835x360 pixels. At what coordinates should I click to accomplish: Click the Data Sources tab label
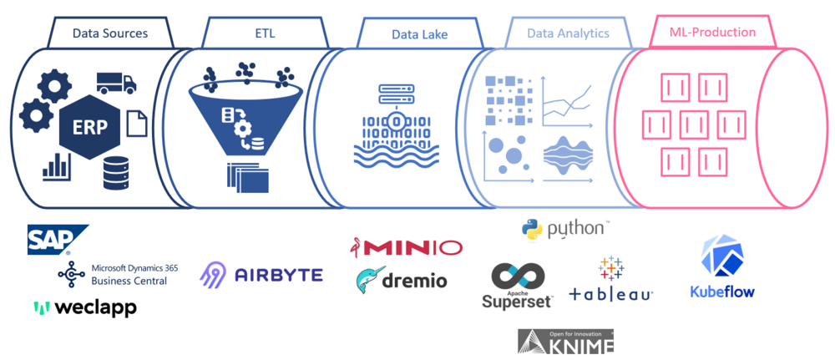[x=110, y=33]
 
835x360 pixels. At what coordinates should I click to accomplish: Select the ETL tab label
[x=264, y=33]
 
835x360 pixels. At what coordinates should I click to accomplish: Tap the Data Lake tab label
[x=419, y=34]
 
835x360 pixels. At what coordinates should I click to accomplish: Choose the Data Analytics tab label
[x=568, y=33]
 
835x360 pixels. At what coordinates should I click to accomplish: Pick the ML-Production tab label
[x=713, y=33]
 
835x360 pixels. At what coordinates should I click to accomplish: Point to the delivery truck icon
[x=116, y=82]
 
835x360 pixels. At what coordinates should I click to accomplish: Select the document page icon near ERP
[x=136, y=124]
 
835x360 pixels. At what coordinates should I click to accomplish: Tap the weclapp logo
[x=84, y=308]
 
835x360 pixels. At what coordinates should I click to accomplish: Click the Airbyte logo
[x=261, y=273]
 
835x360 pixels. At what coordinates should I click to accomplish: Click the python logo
[x=565, y=228]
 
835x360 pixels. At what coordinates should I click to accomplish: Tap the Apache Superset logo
[x=518, y=286]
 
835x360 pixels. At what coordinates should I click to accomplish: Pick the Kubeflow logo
[x=722, y=267]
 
